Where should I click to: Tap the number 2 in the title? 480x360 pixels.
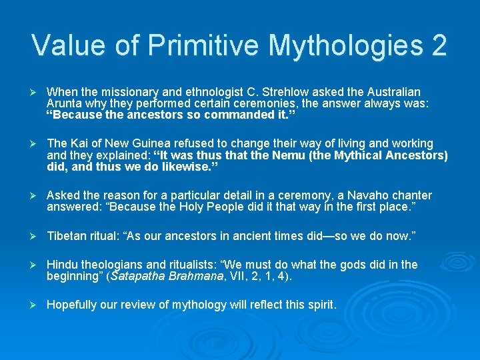(x=439, y=45)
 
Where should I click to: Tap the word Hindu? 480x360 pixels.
(x=63, y=265)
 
